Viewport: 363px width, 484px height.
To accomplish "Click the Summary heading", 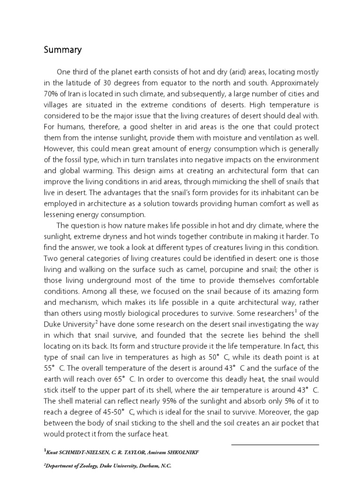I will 63,50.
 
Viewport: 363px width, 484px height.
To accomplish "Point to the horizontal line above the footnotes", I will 275,444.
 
